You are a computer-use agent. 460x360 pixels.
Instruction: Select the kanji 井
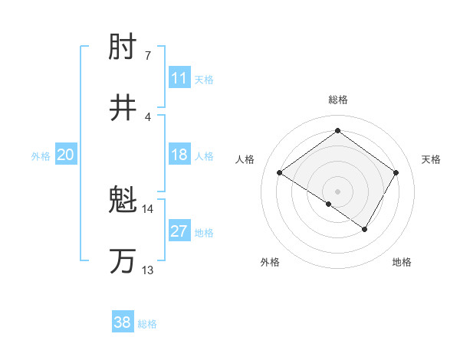123,107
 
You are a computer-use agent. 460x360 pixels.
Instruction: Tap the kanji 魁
123,201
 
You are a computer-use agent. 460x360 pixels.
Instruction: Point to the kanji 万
123,260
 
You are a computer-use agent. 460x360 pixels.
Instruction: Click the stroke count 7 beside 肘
148,56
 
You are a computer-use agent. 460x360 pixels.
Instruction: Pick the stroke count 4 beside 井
148,116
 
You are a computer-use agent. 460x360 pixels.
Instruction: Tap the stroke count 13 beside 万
148,270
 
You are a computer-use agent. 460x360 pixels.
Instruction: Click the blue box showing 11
179,78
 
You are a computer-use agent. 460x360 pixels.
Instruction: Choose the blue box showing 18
179,155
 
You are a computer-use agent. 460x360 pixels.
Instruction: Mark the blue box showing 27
179,231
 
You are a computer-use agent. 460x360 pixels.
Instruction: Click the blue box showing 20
66,155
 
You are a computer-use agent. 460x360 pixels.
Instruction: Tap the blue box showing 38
123,322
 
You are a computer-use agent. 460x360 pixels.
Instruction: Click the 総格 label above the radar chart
337,100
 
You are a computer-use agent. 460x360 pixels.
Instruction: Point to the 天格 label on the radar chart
432,159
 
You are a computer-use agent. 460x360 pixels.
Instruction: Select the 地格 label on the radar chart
402,262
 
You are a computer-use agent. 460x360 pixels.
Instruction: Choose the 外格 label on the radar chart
270,262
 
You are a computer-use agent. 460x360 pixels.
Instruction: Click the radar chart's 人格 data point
280,173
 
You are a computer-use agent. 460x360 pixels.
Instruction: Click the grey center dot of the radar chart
337,191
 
